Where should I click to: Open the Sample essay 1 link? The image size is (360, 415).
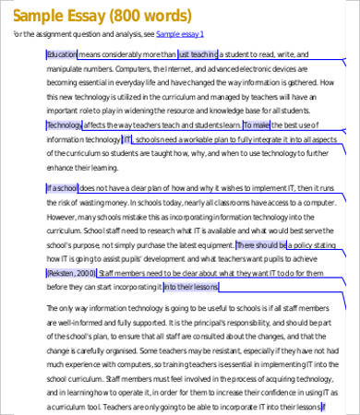click(181, 34)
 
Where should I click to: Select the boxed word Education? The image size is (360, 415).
click(62, 54)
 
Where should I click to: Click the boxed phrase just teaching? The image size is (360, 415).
click(198, 54)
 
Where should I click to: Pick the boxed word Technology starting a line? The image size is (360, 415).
click(64, 124)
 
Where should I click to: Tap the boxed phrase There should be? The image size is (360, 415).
click(261, 246)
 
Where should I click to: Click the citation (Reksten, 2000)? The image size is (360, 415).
click(70, 274)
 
